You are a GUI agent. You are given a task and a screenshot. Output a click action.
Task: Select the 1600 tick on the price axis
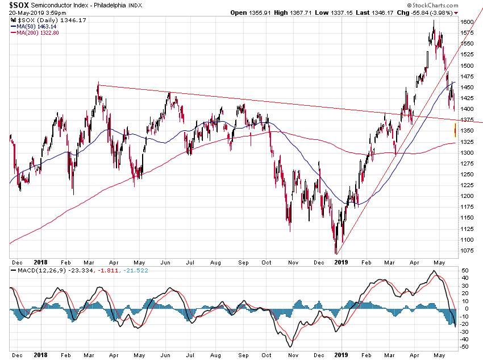click(467, 22)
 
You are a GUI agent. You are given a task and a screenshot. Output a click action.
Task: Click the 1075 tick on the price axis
click(467, 250)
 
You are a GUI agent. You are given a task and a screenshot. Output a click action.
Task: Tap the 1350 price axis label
click(467, 131)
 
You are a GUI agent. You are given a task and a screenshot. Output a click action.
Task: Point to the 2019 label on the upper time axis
click(341, 262)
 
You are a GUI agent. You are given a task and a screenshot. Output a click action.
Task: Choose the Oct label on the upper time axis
click(265, 262)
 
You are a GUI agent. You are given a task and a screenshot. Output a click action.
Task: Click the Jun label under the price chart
click(166, 262)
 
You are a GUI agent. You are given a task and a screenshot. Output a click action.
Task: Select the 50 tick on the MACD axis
click(465, 270)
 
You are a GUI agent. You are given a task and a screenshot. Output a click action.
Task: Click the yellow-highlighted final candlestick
click(455, 130)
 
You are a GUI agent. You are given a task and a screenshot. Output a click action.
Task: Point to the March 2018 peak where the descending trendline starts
click(98, 85)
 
